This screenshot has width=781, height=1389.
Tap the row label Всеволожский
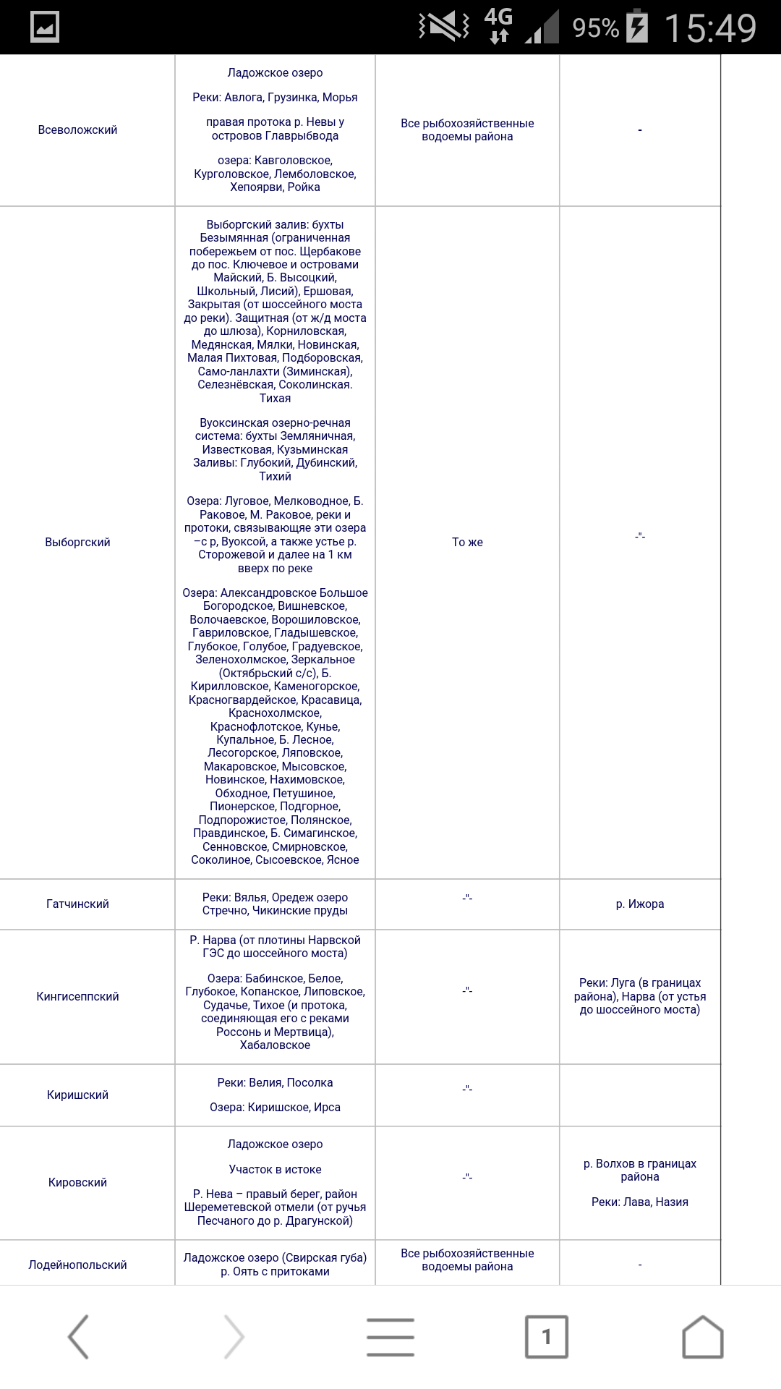click(77, 130)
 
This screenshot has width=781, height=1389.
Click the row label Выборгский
click(77, 543)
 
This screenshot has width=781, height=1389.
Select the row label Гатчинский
click(77, 904)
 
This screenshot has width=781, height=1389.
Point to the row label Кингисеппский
click(77, 997)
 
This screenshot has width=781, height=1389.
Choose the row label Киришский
click(77, 1095)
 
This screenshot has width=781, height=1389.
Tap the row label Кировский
click(77, 1183)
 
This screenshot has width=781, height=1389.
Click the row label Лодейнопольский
click(77, 1265)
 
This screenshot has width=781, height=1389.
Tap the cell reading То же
click(467, 543)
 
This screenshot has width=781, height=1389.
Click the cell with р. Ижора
click(640, 904)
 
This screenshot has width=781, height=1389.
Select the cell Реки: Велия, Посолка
click(275, 1083)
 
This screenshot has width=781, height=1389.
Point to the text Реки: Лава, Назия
click(640, 1202)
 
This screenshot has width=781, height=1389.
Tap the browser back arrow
click(78, 1337)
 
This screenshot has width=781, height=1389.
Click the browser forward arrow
click(234, 1337)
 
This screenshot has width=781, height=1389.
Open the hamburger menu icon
click(390, 1337)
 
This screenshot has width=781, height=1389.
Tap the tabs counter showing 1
click(547, 1337)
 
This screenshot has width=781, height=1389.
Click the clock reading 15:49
click(710, 28)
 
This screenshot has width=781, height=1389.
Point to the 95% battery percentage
click(596, 28)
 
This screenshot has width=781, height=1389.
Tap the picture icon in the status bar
click(45, 27)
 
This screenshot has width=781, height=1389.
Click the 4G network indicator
click(498, 26)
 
